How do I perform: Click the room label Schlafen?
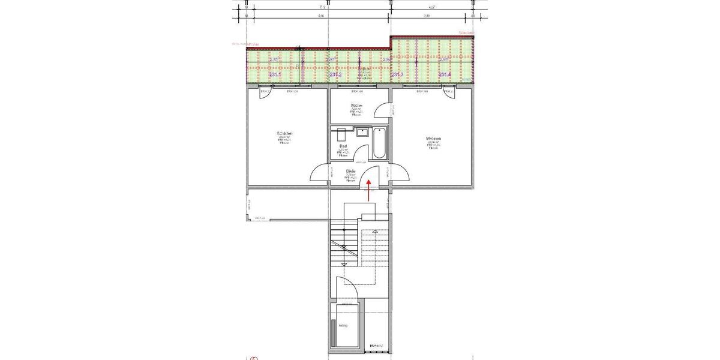pos(284,133)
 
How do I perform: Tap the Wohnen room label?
pos(434,139)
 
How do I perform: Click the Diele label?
pos(351,171)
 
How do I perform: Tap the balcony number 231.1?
pos(275,75)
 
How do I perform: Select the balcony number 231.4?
pos(445,74)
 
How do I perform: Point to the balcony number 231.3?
pos(396,75)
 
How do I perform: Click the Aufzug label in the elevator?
pos(343,326)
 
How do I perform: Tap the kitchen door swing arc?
pos(382,110)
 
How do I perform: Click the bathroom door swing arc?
pos(361,157)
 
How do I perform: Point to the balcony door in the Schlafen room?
pos(265,92)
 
